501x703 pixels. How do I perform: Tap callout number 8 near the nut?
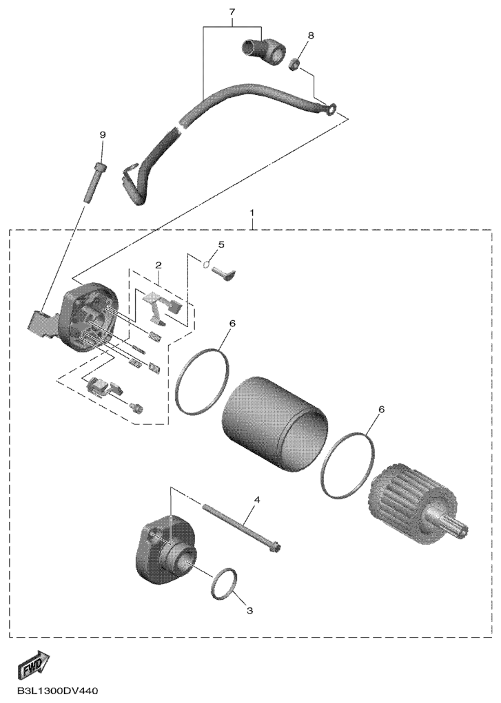click(x=311, y=34)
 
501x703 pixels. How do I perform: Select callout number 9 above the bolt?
click(x=103, y=134)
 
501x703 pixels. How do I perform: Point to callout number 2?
click(x=158, y=265)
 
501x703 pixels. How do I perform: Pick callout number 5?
click(x=221, y=245)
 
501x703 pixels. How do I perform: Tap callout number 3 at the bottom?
click(x=249, y=611)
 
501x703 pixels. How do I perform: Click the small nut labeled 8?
click(x=294, y=65)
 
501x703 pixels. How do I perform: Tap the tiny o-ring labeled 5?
click(x=205, y=264)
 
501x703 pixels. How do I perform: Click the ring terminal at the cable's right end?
click(x=331, y=108)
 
